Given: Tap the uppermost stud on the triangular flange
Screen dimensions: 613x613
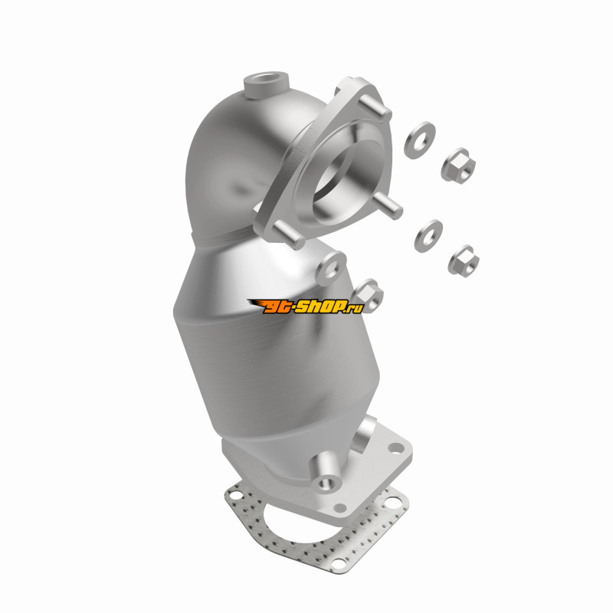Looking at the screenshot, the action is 375,107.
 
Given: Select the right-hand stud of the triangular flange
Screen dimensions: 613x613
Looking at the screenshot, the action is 387,205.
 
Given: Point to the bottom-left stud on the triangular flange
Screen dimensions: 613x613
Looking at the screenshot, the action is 289,234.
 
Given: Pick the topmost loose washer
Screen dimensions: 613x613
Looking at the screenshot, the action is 419,140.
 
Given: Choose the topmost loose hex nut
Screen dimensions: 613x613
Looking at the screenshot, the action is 458,166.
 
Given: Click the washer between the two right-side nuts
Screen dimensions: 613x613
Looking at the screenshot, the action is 428,236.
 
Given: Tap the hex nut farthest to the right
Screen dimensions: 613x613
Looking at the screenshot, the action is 464,261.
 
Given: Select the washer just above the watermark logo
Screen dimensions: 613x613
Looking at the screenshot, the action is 331,267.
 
